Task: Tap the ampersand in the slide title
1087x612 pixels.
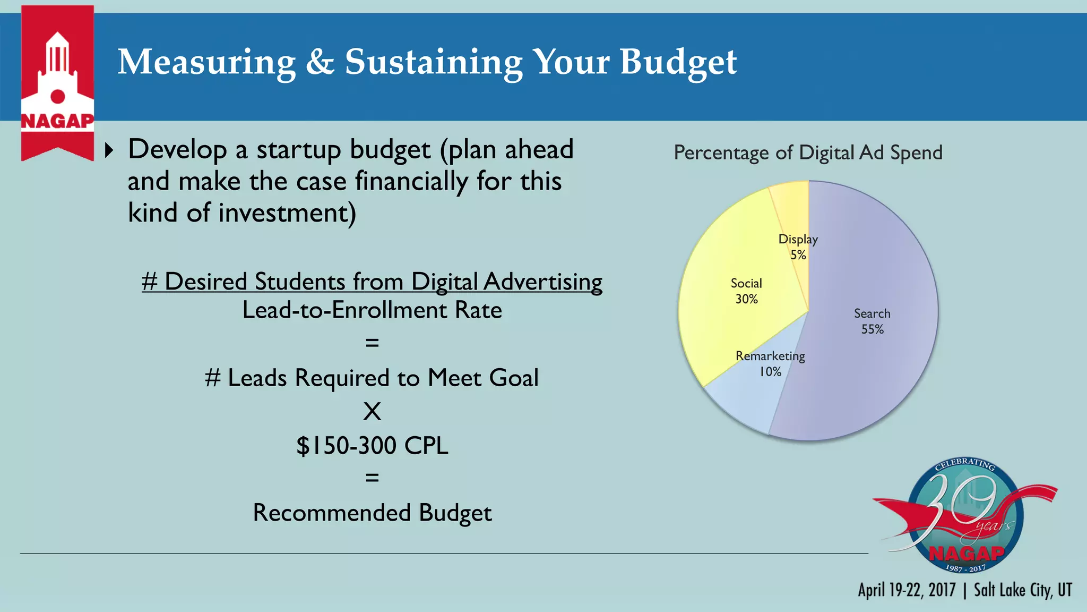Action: [x=320, y=62]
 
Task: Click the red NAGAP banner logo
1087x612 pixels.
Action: [x=57, y=82]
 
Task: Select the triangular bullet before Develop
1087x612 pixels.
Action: [x=109, y=150]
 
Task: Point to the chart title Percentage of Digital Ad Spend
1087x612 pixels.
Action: [x=808, y=152]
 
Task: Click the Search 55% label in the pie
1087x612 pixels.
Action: [x=872, y=321]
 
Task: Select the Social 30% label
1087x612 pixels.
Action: [x=746, y=291]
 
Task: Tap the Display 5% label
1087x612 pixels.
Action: [x=798, y=246]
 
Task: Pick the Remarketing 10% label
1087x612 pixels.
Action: [x=770, y=363]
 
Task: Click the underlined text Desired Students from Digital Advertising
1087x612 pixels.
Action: [x=372, y=282]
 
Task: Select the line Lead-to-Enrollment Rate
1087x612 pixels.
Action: [x=372, y=310]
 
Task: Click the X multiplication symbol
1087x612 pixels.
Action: [x=372, y=411]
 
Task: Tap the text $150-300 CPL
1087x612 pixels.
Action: [x=372, y=445]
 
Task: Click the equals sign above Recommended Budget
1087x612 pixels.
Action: [x=372, y=478]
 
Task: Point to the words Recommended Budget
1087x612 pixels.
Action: [x=372, y=513]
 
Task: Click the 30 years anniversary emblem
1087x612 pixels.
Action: [x=965, y=515]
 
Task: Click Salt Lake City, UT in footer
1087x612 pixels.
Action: [x=1023, y=590]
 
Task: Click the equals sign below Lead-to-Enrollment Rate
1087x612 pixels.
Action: [x=372, y=343]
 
